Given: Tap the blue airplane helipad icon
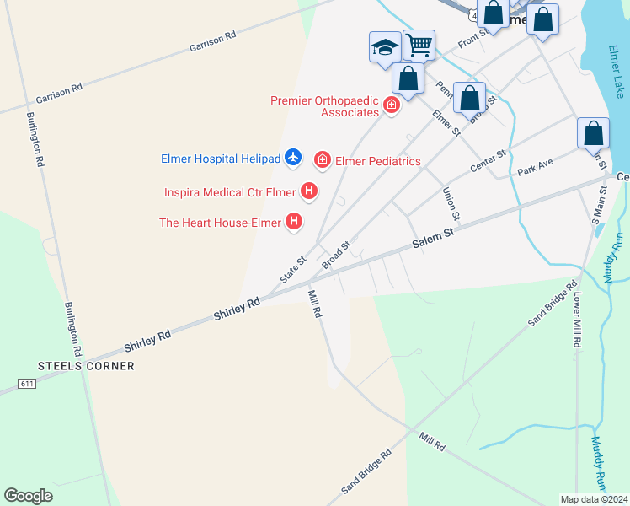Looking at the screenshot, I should click(x=293, y=157).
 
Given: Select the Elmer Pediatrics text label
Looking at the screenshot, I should click(x=377, y=160).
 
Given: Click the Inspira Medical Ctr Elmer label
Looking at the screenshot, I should click(x=230, y=192).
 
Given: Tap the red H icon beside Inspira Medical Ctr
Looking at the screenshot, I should click(x=309, y=191).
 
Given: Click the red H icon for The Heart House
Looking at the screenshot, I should click(x=294, y=222).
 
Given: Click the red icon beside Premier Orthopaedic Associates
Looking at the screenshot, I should click(x=391, y=105).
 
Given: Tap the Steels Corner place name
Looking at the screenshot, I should click(x=86, y=366).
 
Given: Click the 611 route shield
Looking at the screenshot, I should click(x=27, y=384).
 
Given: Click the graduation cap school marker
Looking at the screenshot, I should click(x=384, y=46).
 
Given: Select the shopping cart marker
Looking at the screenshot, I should click(x=418, y=44).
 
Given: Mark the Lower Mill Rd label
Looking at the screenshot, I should click(x=578, y=320).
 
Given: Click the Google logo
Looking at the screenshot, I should click(x=28, y=496).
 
